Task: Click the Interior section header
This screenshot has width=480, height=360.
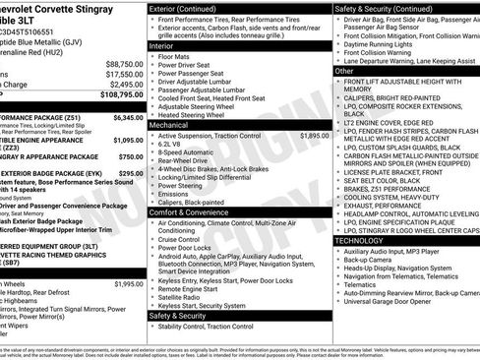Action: click(x=162, y=45)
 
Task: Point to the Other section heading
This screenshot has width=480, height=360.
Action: click(x=344, y=71)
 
